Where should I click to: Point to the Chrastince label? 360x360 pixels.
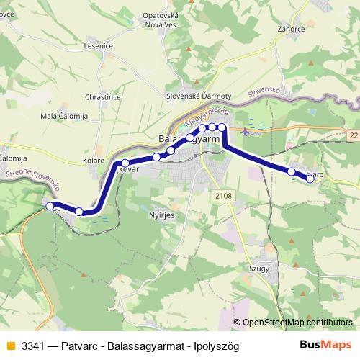[x=102, y=96]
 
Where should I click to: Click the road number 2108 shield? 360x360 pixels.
[x=223, y=194]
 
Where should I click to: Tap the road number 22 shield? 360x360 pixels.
[x=352, y=135]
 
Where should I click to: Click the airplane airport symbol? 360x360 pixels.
[x=247, y=132]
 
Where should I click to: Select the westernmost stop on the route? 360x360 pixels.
[x=50, y=206]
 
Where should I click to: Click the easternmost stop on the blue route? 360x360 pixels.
[x=310, y=179]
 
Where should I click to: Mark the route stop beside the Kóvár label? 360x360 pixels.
[x=125, y=163]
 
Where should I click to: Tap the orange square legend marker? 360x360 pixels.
[x=9, y=346]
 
